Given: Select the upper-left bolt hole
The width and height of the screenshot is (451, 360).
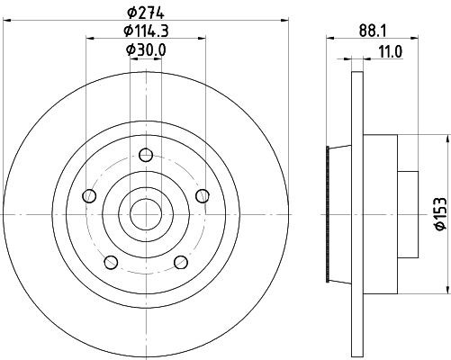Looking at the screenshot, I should [88, 196].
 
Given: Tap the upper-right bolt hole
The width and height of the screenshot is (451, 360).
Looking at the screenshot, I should [201, 196].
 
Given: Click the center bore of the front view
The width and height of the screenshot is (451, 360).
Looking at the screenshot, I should [144, 214].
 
